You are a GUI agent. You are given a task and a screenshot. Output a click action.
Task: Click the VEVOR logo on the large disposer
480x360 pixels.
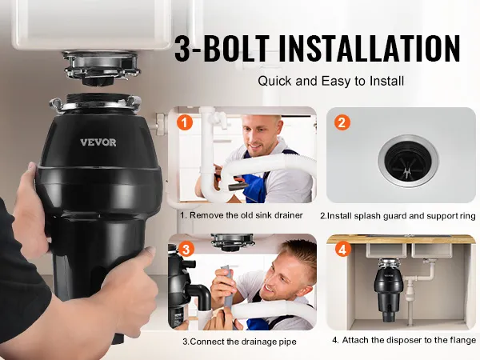(x=98, y=142)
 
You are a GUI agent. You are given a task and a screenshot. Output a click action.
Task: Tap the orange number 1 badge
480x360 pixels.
(x=185, y=122)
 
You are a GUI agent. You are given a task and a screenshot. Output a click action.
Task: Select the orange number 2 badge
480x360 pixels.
(x=342, y=122)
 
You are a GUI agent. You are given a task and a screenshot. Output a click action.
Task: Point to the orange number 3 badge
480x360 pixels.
(x=186, y=250)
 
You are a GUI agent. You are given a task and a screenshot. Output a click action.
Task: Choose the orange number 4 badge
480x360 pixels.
(x=343, y=250)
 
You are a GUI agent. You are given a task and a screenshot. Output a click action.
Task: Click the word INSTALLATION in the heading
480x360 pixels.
(x=370, y=48)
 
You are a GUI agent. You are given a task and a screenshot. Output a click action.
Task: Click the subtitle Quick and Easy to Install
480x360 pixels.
(x=331, y=81)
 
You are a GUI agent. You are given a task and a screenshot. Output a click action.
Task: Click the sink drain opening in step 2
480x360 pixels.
(x=408, y=161)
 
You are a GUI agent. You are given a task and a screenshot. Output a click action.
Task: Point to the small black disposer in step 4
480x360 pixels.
(x=388, y=290)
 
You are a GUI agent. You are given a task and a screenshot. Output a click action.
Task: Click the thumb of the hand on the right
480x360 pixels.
(x=144, y=256)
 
